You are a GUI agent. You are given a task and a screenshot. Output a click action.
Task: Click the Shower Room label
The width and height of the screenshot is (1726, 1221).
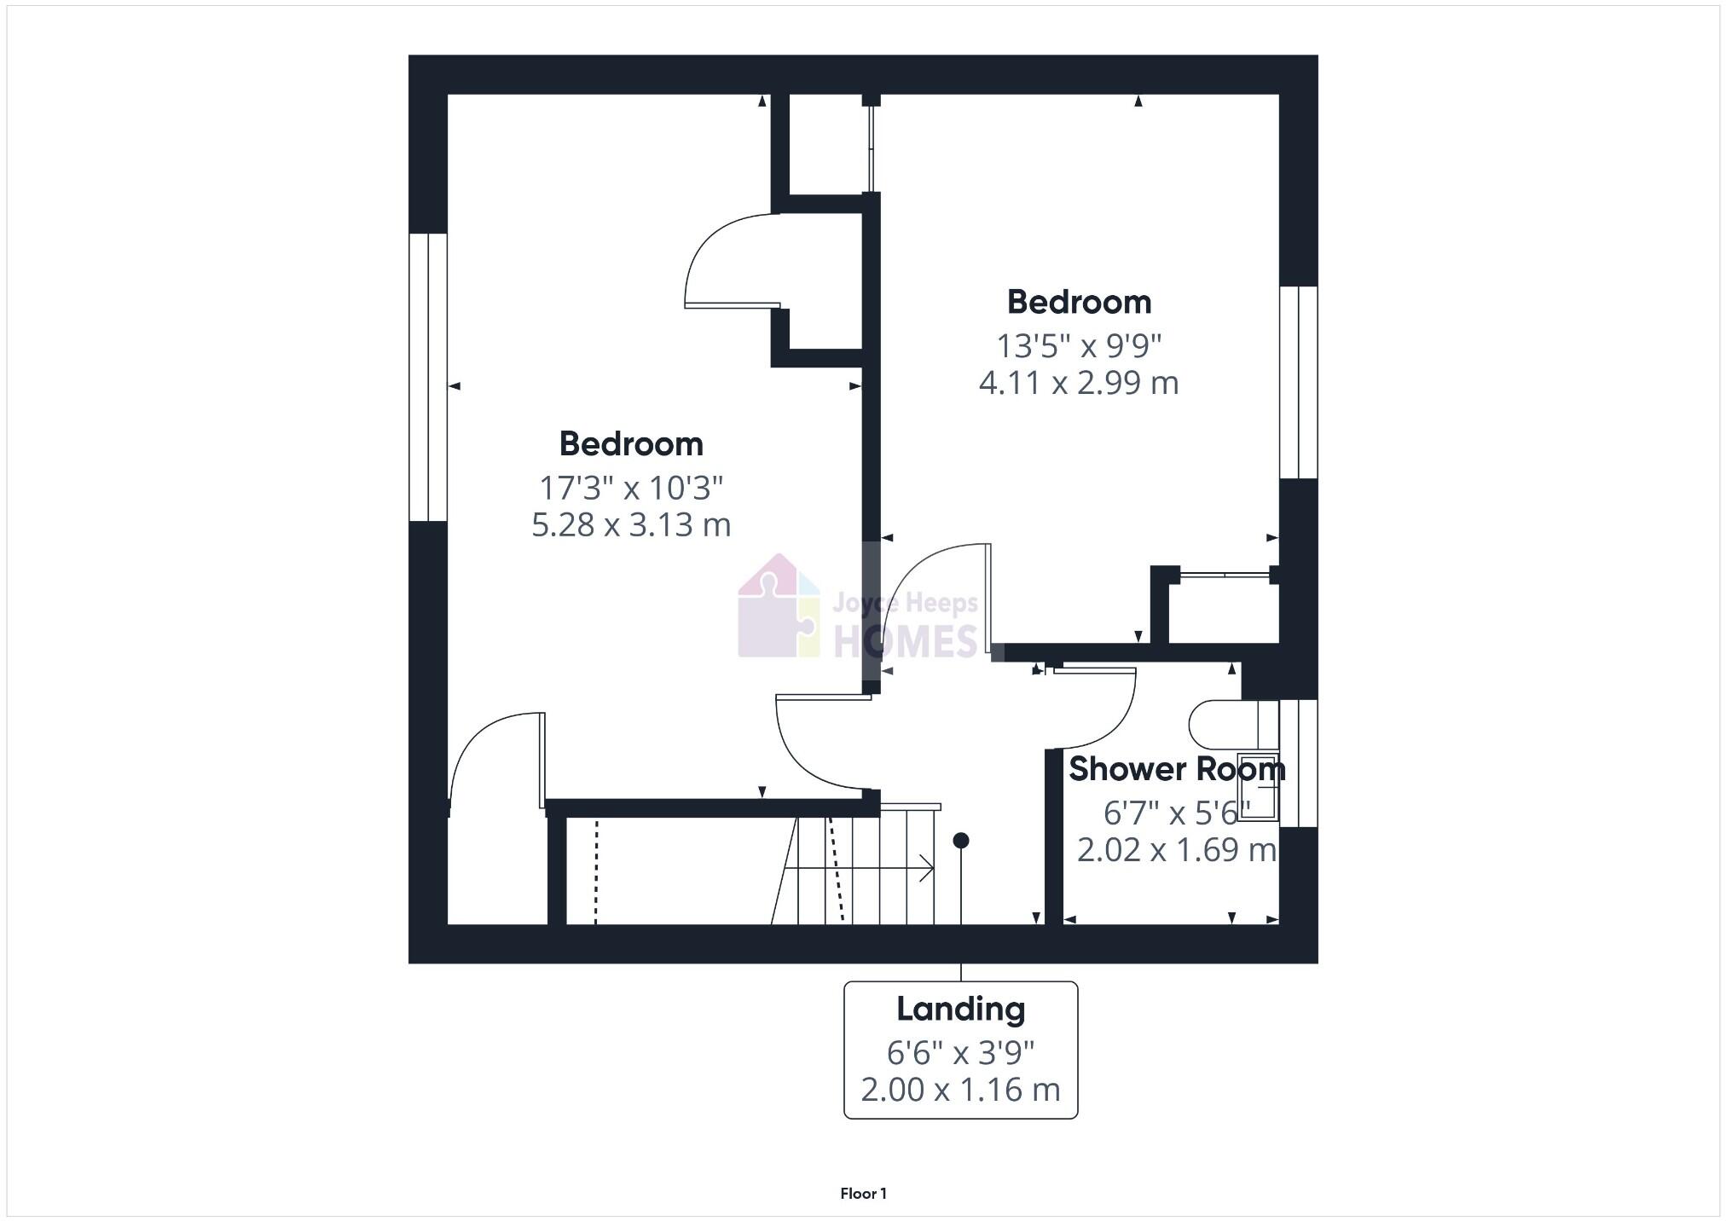point(1176,769)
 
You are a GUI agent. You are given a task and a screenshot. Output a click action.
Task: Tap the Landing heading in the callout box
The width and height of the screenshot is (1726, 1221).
point(960,1010)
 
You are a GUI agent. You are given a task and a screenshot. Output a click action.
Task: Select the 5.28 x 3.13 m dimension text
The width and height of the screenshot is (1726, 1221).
point(631,525)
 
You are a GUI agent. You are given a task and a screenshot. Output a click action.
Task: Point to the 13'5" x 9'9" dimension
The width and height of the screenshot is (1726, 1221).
point(1079,346)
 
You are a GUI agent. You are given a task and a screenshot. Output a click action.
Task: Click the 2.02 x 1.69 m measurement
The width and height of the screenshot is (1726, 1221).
point(1176,850)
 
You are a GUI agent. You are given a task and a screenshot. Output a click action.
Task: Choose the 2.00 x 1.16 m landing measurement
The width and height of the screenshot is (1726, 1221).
point(960,1090)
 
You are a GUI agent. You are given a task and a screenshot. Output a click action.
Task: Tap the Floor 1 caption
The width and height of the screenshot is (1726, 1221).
point(863,1194)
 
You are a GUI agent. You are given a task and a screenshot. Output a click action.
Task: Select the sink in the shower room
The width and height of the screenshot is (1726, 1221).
point(1259,787)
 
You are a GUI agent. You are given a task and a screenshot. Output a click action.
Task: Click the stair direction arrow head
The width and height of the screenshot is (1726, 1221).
point(928,869)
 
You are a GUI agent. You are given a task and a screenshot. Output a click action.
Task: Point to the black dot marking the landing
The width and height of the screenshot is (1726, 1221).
point(961,841)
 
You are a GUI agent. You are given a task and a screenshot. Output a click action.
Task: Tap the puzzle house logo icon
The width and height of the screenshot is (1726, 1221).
point(778,607)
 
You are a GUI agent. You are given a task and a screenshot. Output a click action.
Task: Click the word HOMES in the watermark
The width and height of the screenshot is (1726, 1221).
point(905,640)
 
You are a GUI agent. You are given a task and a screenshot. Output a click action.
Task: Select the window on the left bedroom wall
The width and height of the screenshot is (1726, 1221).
point(428,377)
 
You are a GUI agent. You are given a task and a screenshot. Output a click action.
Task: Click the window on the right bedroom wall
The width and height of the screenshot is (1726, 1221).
point(1299,382)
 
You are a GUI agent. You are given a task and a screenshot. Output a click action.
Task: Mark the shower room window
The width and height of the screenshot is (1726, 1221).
point(1299,763)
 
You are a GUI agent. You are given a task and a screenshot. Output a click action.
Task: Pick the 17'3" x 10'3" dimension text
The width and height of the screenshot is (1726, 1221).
point(631,489)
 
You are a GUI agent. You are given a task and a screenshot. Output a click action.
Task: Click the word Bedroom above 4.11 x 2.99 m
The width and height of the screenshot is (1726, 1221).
point(1079,303)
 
